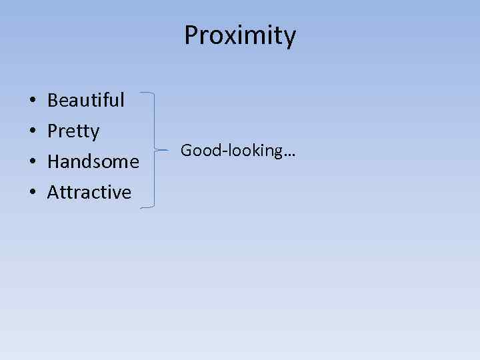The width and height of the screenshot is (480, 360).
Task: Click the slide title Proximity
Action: pyautogui.click(x=240, y=35)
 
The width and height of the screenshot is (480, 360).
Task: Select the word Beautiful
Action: pyautogui.click(x=86, y=101)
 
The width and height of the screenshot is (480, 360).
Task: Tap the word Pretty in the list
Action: pyautogui.click(x=73, y=131)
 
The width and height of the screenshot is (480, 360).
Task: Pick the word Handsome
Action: pyautogui.click(x=93, y=161)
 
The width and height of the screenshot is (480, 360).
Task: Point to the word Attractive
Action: pyautogui.click(x=89, y=192)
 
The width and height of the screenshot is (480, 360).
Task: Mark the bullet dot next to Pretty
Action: pyautogui.click(x=33, y=132)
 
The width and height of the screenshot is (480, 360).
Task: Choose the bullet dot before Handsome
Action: pyautogui.click(x=33, y=163)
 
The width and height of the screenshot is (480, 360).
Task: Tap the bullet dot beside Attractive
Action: pyautogui.click(x=33, y=193)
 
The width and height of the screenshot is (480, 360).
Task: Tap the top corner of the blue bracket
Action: pyautogui.click(x=155, y=94)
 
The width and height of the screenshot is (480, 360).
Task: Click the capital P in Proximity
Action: pyautogui.click(x=191, y=35)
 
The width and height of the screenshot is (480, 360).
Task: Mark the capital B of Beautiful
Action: pyautogui.click(x=53, y=101)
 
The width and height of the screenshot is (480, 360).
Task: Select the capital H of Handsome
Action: pyautogui.click(x=53, y=161)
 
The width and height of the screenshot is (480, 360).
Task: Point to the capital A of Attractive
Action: pyautogui.click(x=53, y=192)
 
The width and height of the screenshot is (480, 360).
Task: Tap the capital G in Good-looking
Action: pyautogui.click(x=186, y=151)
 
